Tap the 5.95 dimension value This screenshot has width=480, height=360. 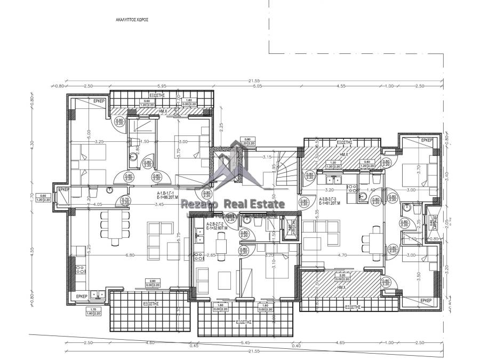pyautogui.click(x=163, y=85)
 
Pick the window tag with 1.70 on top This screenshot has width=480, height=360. pyautogui.click(x=94, y=311)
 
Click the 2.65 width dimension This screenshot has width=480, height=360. pyautogui.click(x=210, y=255)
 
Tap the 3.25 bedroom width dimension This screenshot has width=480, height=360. pyautogui.click(x=99, y=142)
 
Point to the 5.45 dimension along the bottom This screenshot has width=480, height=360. pyautogui.click(x=245, y=342)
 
